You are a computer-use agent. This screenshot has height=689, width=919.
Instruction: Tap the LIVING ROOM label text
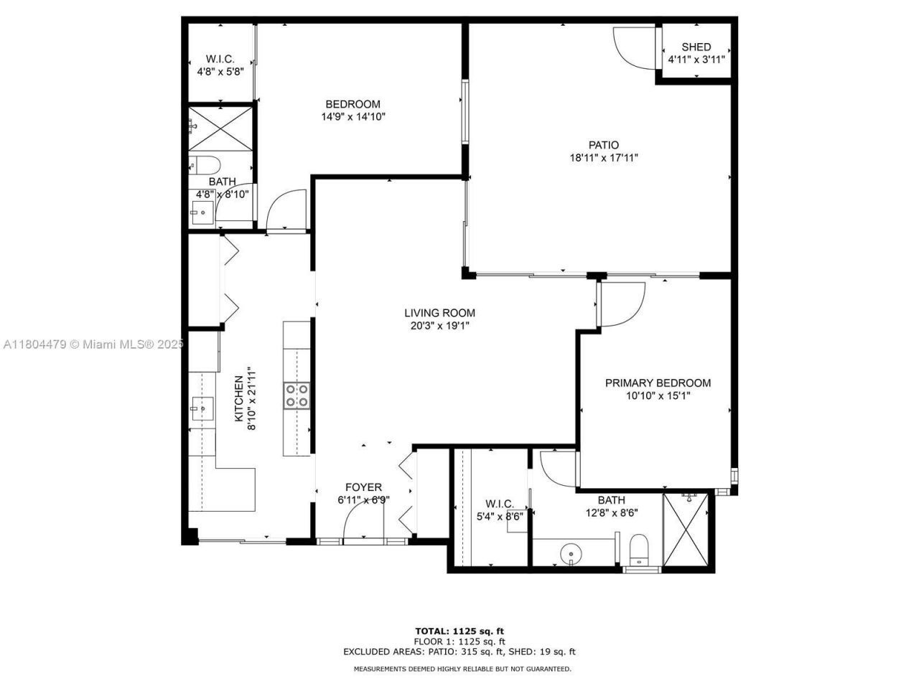point(439,313)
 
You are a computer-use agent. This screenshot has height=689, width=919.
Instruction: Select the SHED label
point(696,47)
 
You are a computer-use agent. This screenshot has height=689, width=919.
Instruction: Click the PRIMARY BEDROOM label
point(658,383)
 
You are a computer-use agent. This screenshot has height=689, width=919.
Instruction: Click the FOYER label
point(364,487)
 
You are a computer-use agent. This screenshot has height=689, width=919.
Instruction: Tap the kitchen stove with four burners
point(297,395)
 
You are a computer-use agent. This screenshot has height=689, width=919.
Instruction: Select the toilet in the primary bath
point(638,549)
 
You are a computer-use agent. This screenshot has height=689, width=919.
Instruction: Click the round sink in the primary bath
point(572,553)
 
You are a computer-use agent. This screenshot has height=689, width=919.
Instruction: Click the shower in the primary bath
point(688,530)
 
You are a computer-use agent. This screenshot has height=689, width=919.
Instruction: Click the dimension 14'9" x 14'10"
point(353,116)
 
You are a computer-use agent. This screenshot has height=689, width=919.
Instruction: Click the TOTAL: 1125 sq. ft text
point(459,631)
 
